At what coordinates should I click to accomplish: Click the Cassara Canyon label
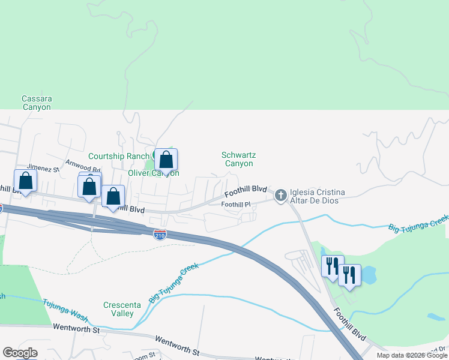pos(36,103)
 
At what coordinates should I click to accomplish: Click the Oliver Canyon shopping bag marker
pos(166,160)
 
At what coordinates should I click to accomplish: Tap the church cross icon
pos(280,195)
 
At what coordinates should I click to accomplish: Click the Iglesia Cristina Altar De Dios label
pos(318,196)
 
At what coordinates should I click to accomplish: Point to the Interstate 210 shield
pos(160,235)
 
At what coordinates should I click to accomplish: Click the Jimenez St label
pos(41,169)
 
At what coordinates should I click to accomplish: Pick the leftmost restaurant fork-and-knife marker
pos(333,266)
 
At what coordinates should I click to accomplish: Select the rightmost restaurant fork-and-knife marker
pos(349,275)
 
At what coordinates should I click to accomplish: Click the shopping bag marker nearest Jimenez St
pos(26,181)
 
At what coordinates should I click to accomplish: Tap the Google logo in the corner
pos(20,353)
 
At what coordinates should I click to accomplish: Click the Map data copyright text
pos(411,355)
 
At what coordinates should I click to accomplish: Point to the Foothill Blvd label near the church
pos(246,190)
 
